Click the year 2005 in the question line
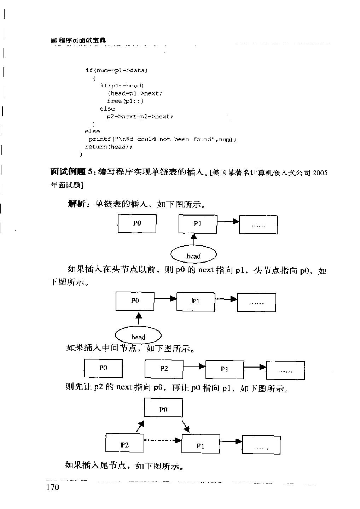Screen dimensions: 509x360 (320, 173)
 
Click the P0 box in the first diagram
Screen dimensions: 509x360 (137, 223)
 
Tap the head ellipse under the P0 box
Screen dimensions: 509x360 (138, 336)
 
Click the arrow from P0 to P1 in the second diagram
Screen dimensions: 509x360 (165, 299)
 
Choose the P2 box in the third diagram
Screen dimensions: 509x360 (164, 369)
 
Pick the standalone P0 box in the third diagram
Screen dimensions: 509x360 (103, 368)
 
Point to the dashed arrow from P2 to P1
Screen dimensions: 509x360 (163, 440)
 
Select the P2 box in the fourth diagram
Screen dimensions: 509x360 (125, 444)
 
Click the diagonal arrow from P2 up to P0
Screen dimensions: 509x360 (140, 426)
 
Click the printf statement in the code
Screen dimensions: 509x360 (162, 139)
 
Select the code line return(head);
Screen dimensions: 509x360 (109, 147)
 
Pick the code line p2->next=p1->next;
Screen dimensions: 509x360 (140, 117)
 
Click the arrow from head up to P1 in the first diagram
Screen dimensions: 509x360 (193, 240)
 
